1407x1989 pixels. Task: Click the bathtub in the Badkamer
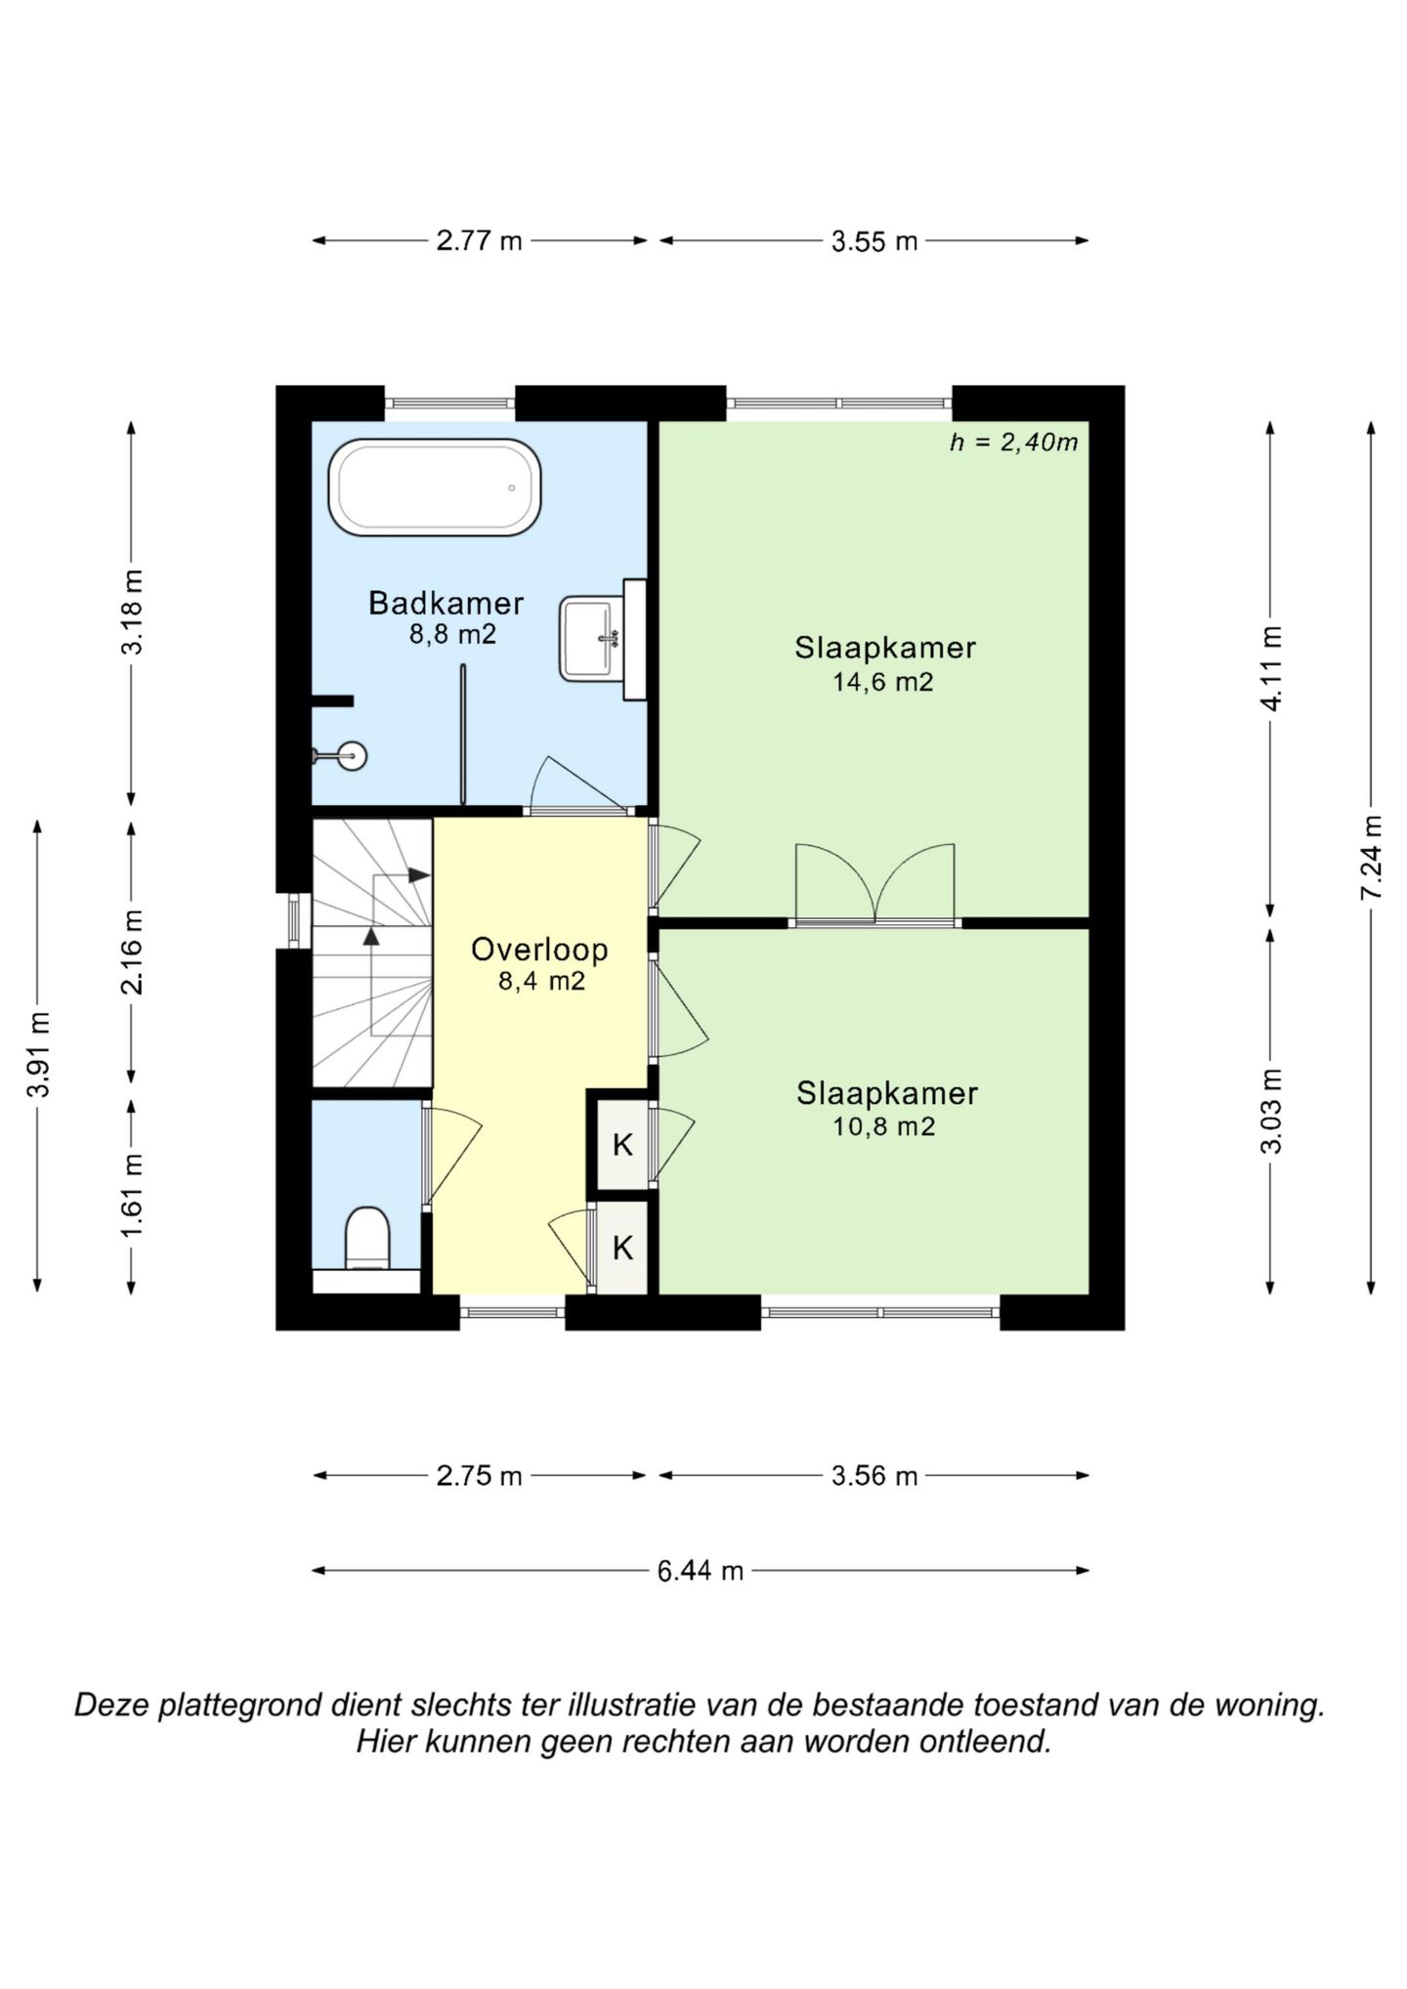435,487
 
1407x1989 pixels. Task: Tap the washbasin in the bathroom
589,639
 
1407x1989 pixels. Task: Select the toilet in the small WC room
367,1238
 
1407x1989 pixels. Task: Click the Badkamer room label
446,603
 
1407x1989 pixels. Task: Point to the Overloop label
539,949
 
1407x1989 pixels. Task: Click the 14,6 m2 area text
883,682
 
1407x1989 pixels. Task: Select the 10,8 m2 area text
883,1126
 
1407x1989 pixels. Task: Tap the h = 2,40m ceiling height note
1014,443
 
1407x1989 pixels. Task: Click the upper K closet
622,1144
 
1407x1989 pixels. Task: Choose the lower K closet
622,1248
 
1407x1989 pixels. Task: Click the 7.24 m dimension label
1372,858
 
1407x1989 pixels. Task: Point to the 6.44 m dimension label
701,1571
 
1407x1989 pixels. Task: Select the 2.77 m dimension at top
479,240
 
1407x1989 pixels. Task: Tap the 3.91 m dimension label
38,1055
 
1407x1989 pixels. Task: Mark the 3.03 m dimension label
1270,1111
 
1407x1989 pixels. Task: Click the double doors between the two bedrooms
874,884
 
